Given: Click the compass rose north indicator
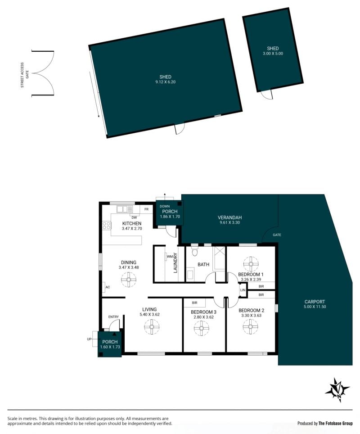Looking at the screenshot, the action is (x=337, y=390).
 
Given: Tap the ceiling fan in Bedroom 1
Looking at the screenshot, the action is (x=251, y=264).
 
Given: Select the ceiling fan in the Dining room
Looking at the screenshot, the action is (x=129, y=280).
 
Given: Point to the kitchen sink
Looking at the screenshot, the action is (x=125, y=209).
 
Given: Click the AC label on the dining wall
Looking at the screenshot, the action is (x=108, y=287).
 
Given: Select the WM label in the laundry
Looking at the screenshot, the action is (x=170, y=257).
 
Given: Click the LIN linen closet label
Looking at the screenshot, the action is (x=243, y=290).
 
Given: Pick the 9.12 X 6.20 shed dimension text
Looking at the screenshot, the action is (x=166, y=82).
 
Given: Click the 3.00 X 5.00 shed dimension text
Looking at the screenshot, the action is (x=273, y=54).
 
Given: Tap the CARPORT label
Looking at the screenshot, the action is (x=315, y=302).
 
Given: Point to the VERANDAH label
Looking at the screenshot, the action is (x=229, y=217).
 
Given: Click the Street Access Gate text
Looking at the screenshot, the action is (x=25, y=75).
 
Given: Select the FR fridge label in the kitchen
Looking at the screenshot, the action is (x=146, y=209).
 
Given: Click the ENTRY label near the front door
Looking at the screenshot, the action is (x=113, y=316).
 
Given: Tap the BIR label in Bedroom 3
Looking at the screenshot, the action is (x=194, y=303).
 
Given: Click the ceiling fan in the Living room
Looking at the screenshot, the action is (x=152, y=327).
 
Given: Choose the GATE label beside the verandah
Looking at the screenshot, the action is (x=277, y=235).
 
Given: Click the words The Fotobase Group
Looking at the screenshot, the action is (x=335, y=423).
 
